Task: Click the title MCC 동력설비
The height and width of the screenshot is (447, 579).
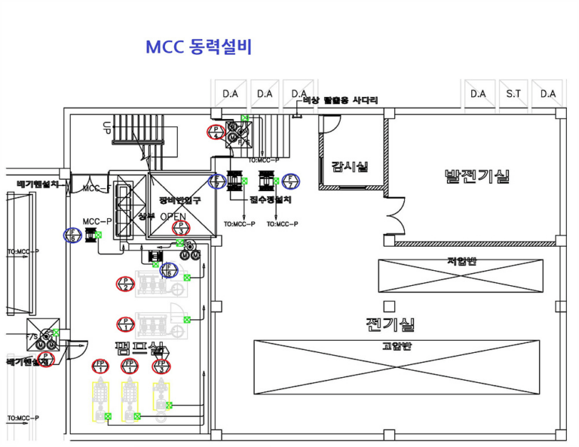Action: [x=198, y=47]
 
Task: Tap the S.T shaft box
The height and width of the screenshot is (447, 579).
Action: [x=513, y=94]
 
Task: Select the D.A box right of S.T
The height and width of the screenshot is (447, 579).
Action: [x=548, y=94]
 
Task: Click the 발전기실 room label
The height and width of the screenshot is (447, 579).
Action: [x=476, y=176]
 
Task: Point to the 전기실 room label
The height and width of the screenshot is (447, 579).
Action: [x=391, y=325]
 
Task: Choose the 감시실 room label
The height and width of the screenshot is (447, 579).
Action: [x=349, y=166]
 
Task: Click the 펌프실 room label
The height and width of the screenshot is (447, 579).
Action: [x=139, y=348]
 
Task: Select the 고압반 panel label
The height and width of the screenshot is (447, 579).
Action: [x=396, y=346]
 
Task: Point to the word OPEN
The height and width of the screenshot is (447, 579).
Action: [x=172, y=217]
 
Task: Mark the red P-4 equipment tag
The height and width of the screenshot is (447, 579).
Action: [x=216, y=132]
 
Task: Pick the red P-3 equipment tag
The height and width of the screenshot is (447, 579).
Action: [x=180, y=227]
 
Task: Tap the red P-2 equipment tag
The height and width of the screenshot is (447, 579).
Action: [x=125, y=284]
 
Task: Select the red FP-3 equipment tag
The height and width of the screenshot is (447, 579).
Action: [x=161, y=366]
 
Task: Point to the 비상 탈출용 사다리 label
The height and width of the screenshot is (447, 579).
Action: [x=340, y=100]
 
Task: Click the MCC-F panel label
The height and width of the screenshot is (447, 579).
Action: [x=96, y=188]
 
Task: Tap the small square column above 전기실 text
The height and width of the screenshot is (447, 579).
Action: [x=389, y=306]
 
